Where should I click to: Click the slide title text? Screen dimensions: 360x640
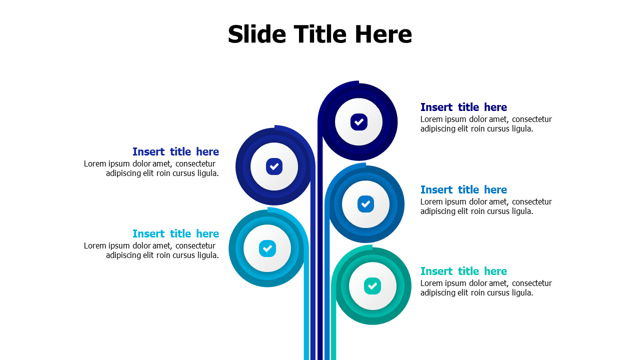(x=319, y=34)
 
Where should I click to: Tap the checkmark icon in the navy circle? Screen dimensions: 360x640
(x=359, y=122)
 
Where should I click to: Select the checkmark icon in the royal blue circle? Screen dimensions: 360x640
(x=274, y=166)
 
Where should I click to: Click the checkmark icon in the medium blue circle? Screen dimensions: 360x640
(x=365, y=204)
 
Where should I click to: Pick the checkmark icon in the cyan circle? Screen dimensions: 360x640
(x=267, y=248)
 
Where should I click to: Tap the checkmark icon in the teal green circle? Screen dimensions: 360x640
(x=372, y=286)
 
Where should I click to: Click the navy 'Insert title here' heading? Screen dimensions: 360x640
(x=463, y=107)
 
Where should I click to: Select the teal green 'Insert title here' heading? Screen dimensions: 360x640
(x=463, y=271)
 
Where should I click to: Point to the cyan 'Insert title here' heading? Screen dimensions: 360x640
(x=175, y=234)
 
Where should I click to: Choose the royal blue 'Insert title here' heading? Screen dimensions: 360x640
(x=175, y=152)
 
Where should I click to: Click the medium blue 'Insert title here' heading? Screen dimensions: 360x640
(x=463, y=190)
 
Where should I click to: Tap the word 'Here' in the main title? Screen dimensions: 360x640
(x=383, y=34)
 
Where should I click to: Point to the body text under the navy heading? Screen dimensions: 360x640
(x=485, y=124)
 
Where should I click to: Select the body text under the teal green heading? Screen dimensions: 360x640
(x=485, y=288)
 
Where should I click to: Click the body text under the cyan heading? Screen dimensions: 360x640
(x=151, y=250)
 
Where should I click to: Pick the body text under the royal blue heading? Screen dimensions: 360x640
(x=151, y=168)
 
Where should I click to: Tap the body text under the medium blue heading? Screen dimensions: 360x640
(x=485, y=206)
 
